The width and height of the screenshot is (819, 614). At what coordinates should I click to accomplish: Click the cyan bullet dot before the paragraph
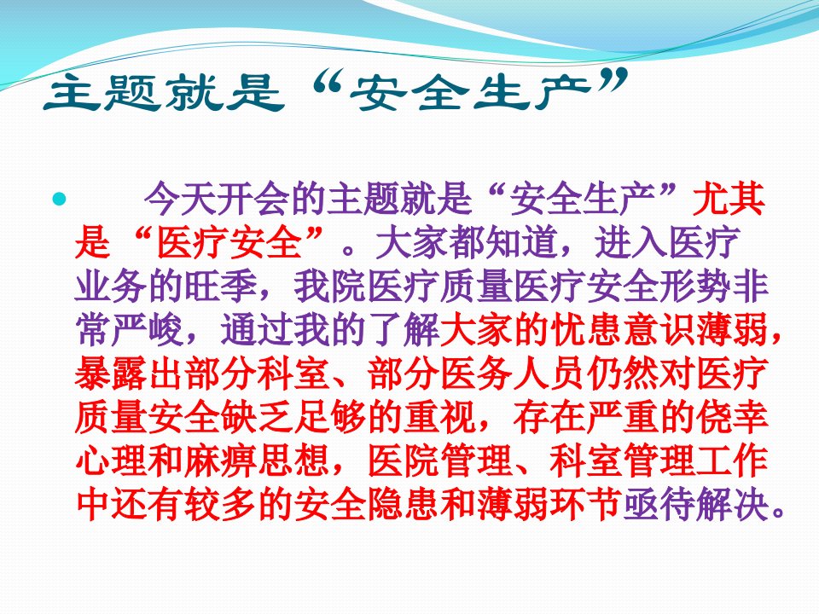coord(60,199)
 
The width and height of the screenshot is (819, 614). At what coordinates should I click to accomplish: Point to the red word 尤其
coord(728,199)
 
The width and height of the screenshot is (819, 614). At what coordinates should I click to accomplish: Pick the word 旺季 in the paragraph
coord(220,287)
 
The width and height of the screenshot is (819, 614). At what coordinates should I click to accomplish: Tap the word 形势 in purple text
coord(695,287)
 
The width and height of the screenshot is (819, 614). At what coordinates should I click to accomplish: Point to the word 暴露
coord(111,374)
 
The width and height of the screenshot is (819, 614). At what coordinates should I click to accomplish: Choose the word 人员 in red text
coord(549,374)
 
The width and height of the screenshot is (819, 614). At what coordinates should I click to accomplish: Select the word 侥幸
coord(732,418)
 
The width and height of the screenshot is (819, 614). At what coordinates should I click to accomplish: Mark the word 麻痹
coord(220,461)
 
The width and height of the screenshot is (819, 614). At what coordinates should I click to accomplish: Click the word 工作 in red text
coord(732,461)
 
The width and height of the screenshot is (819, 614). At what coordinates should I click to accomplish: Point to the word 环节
coord(585,505)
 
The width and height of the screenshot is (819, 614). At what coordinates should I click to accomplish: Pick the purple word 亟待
coord(659,505)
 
